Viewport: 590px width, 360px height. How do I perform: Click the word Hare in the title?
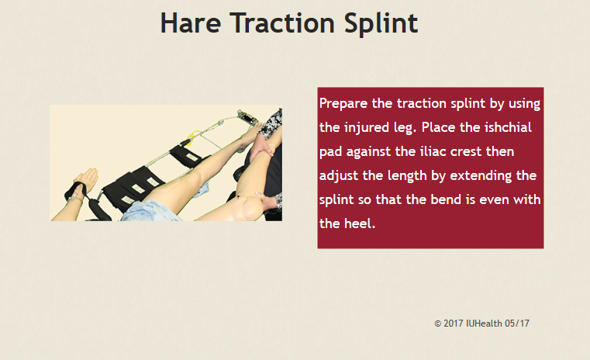point(191,23)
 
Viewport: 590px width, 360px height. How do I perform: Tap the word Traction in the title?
point(282,23)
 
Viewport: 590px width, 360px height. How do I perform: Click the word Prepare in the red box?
point(343,104)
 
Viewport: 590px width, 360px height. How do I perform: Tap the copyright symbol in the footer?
point(437,324)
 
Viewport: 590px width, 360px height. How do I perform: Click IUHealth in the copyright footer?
point(484,324)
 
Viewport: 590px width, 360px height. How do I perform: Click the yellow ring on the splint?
point(192,137)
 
